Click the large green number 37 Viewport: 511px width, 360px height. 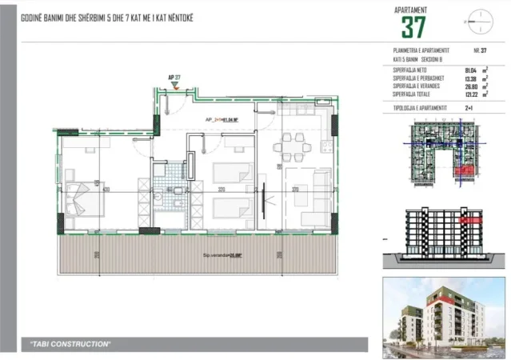coord(413,27)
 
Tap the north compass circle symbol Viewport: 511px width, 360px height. coord(478,17)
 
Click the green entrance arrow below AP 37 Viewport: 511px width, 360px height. coord(174,86)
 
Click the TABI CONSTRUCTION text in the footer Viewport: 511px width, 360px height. coord(70,343)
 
